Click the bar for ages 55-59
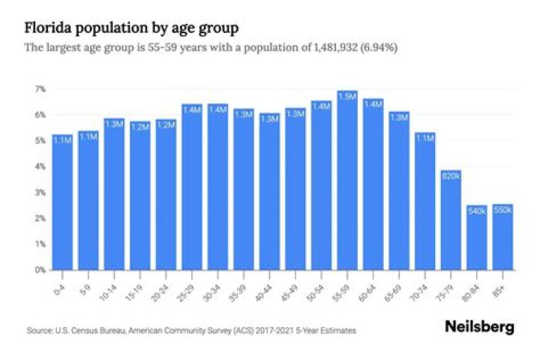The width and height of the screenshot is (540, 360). point(347,180)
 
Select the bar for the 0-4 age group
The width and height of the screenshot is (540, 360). point(63,202)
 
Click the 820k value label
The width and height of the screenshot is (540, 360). point(451,176)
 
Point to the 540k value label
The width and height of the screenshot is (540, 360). point(477,211)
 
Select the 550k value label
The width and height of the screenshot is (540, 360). point(502,210)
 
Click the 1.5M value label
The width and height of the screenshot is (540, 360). point(347,97)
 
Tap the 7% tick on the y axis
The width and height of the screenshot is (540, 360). point(40,89)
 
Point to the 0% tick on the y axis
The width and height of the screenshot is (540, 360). point(40,269)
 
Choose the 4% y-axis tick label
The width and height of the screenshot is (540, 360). point(40,166)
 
